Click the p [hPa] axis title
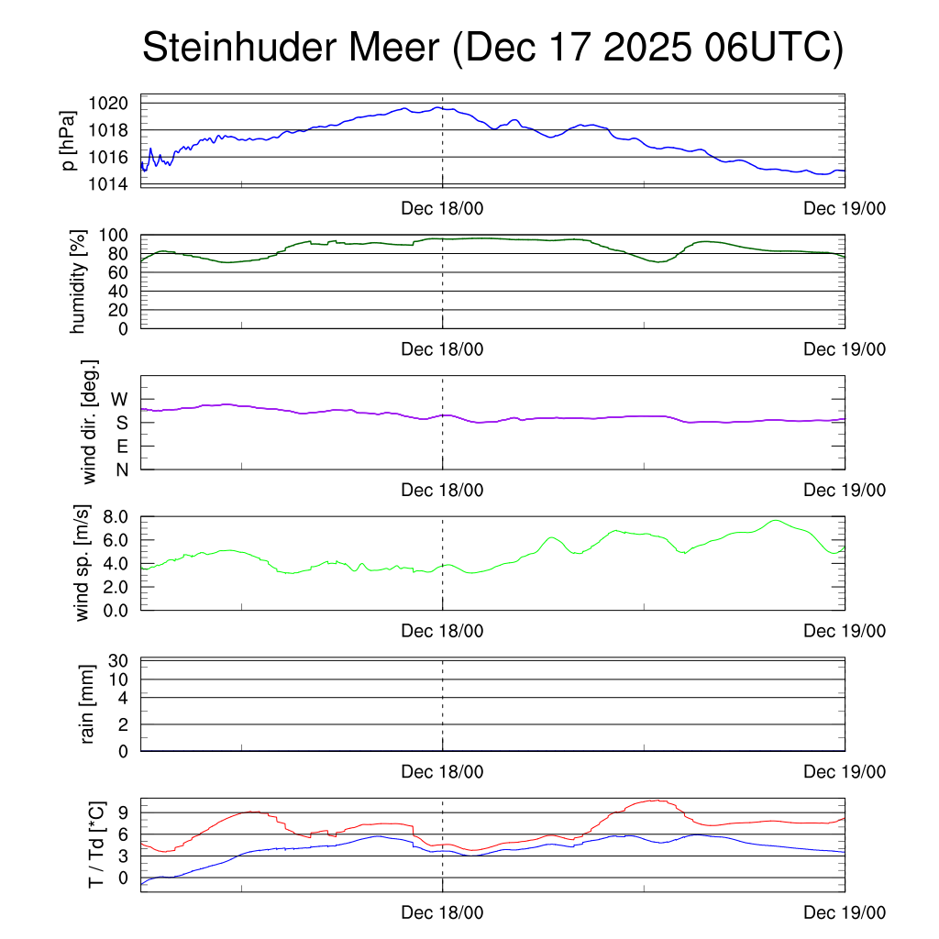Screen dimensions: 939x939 pos(68,140)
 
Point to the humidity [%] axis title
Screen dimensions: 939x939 pos(77,282)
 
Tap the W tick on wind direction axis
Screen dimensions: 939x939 pos(119,399)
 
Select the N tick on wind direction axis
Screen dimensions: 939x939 pos(121,469)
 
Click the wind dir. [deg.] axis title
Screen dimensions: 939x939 pos(90,421)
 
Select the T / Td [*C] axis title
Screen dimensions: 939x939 pos(95,845)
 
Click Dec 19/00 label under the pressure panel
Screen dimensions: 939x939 pos(845,208)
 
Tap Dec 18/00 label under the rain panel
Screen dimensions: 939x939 pos(442,772)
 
